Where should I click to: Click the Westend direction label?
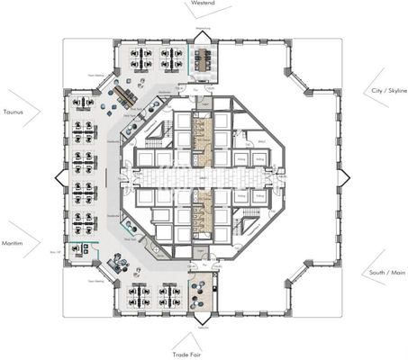(x=203, y=4)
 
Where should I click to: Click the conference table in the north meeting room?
(x=204, y=60)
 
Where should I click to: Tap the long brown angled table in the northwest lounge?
(x=126, y=99)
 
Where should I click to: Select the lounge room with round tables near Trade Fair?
(x=200, y=294)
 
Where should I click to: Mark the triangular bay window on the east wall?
(x=344, y=177)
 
